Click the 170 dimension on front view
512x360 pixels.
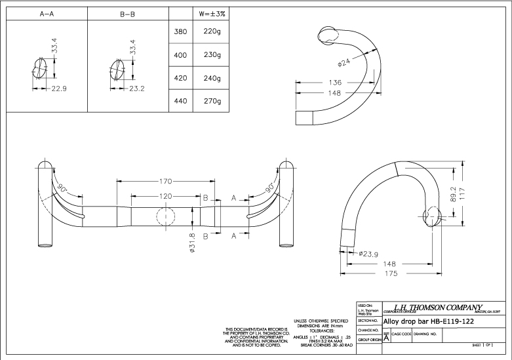(x=166, y=182)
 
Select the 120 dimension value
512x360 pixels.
(x=166, y=196)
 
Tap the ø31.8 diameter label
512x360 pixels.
(x=192, y=245)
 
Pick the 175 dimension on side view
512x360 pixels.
(x=391, y=274)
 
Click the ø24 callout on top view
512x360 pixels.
(x=345, y=64)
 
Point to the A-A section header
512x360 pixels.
(x=46, y=13)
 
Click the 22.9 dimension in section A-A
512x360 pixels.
(x=60, y=89)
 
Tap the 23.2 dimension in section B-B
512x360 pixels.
(x=138, y=89)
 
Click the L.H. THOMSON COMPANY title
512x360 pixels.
(x=435, y=308)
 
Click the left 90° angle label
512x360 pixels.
(x=63, y=188)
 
